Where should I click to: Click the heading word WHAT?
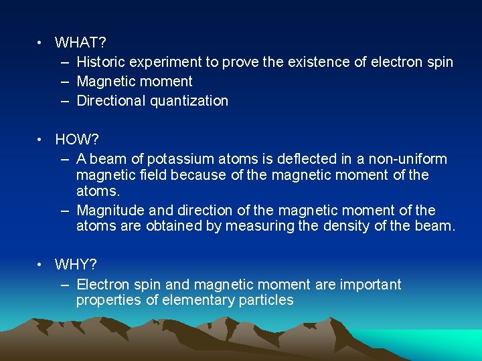point(80,43)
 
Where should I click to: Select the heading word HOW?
point(77,140)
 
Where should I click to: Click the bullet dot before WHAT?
point(41,43)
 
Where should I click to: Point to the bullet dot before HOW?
point(41,140)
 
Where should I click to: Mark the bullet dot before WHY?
point(41,265)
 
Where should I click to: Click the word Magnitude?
point(108,210)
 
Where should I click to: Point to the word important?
point(370,284)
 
